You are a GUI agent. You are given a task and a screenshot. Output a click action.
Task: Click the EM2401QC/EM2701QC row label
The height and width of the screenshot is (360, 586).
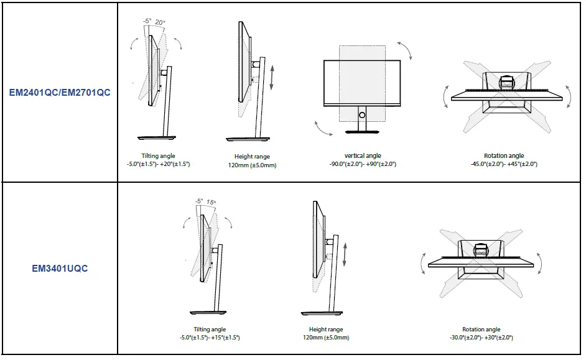60,93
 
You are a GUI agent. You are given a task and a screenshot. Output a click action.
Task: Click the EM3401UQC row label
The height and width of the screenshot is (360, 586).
60,269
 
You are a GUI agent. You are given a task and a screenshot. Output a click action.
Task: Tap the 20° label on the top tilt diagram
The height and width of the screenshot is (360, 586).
159,22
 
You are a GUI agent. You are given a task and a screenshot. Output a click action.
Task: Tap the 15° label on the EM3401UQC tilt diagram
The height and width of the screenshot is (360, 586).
212,201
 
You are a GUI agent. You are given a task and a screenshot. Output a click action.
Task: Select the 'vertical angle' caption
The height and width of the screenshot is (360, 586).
363,155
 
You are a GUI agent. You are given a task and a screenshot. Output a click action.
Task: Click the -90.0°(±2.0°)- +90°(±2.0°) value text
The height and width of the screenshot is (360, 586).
363,164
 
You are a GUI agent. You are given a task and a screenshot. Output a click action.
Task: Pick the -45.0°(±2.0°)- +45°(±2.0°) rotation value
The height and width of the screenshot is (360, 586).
504,164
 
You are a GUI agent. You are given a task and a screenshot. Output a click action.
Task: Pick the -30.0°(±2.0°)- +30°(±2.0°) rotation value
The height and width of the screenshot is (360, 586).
481,338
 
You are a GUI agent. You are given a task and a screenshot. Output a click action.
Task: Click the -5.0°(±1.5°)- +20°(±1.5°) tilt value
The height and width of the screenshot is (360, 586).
158,164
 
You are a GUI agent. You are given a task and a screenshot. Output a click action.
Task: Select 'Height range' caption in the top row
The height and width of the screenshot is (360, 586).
252,157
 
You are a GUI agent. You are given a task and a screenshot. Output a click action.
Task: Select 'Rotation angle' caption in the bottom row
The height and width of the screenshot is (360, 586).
481,330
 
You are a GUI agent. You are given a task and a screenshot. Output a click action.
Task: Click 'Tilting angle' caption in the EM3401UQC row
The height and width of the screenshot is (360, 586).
210,330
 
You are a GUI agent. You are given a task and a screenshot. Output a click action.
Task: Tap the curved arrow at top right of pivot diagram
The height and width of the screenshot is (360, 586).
404,50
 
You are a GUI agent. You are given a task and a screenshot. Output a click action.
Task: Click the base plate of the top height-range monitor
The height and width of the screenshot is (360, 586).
252,139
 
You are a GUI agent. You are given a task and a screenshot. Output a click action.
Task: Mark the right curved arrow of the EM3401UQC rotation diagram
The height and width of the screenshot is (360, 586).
539,263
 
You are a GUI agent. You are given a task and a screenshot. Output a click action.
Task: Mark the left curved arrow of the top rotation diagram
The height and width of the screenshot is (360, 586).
446,96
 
